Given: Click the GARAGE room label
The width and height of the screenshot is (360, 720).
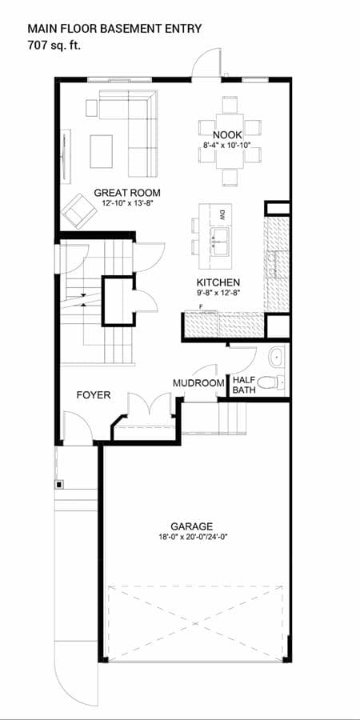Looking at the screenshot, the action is click(x=191, y=526).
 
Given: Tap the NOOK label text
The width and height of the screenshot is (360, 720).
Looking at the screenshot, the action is click(x=227, y=135).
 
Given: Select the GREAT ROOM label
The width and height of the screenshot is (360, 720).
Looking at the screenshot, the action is click(x=127, y=193).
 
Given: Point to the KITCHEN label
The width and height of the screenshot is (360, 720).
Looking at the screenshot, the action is click(x=218, y=282).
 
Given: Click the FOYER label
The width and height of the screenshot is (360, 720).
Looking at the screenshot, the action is click(x=94, y=395).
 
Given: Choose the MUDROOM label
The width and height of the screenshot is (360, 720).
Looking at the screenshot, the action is click(x=199, y=383).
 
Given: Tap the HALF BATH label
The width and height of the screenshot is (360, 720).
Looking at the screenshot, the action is click(x=244, y=386).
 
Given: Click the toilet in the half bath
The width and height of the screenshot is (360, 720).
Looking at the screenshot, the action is click(x=270, y=382).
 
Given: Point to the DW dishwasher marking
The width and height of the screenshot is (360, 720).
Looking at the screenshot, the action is click(x=222, y=214).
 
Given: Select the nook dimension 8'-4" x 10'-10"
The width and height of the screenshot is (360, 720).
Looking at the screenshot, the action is click(x=227, y=144).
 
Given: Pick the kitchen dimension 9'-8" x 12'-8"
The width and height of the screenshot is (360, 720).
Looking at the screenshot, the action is click(x=218, y=291).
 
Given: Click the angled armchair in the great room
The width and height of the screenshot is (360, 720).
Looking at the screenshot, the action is click(x=79, y=211).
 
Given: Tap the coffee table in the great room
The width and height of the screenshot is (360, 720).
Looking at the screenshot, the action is click(x=101, y=151).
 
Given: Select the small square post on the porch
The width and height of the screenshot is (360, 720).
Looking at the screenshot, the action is click(x=59, y=484).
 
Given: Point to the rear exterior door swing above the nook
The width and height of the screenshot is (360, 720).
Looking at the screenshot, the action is click(x=206, y=63).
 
